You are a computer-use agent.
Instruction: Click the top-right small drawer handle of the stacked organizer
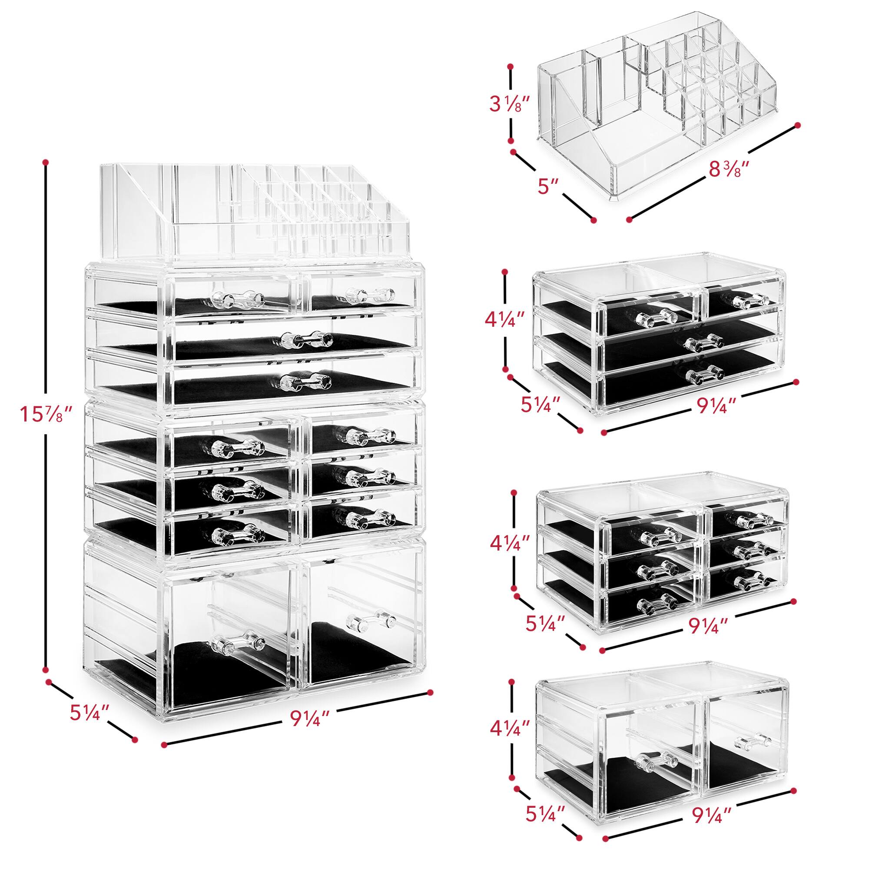coord(370,293)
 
